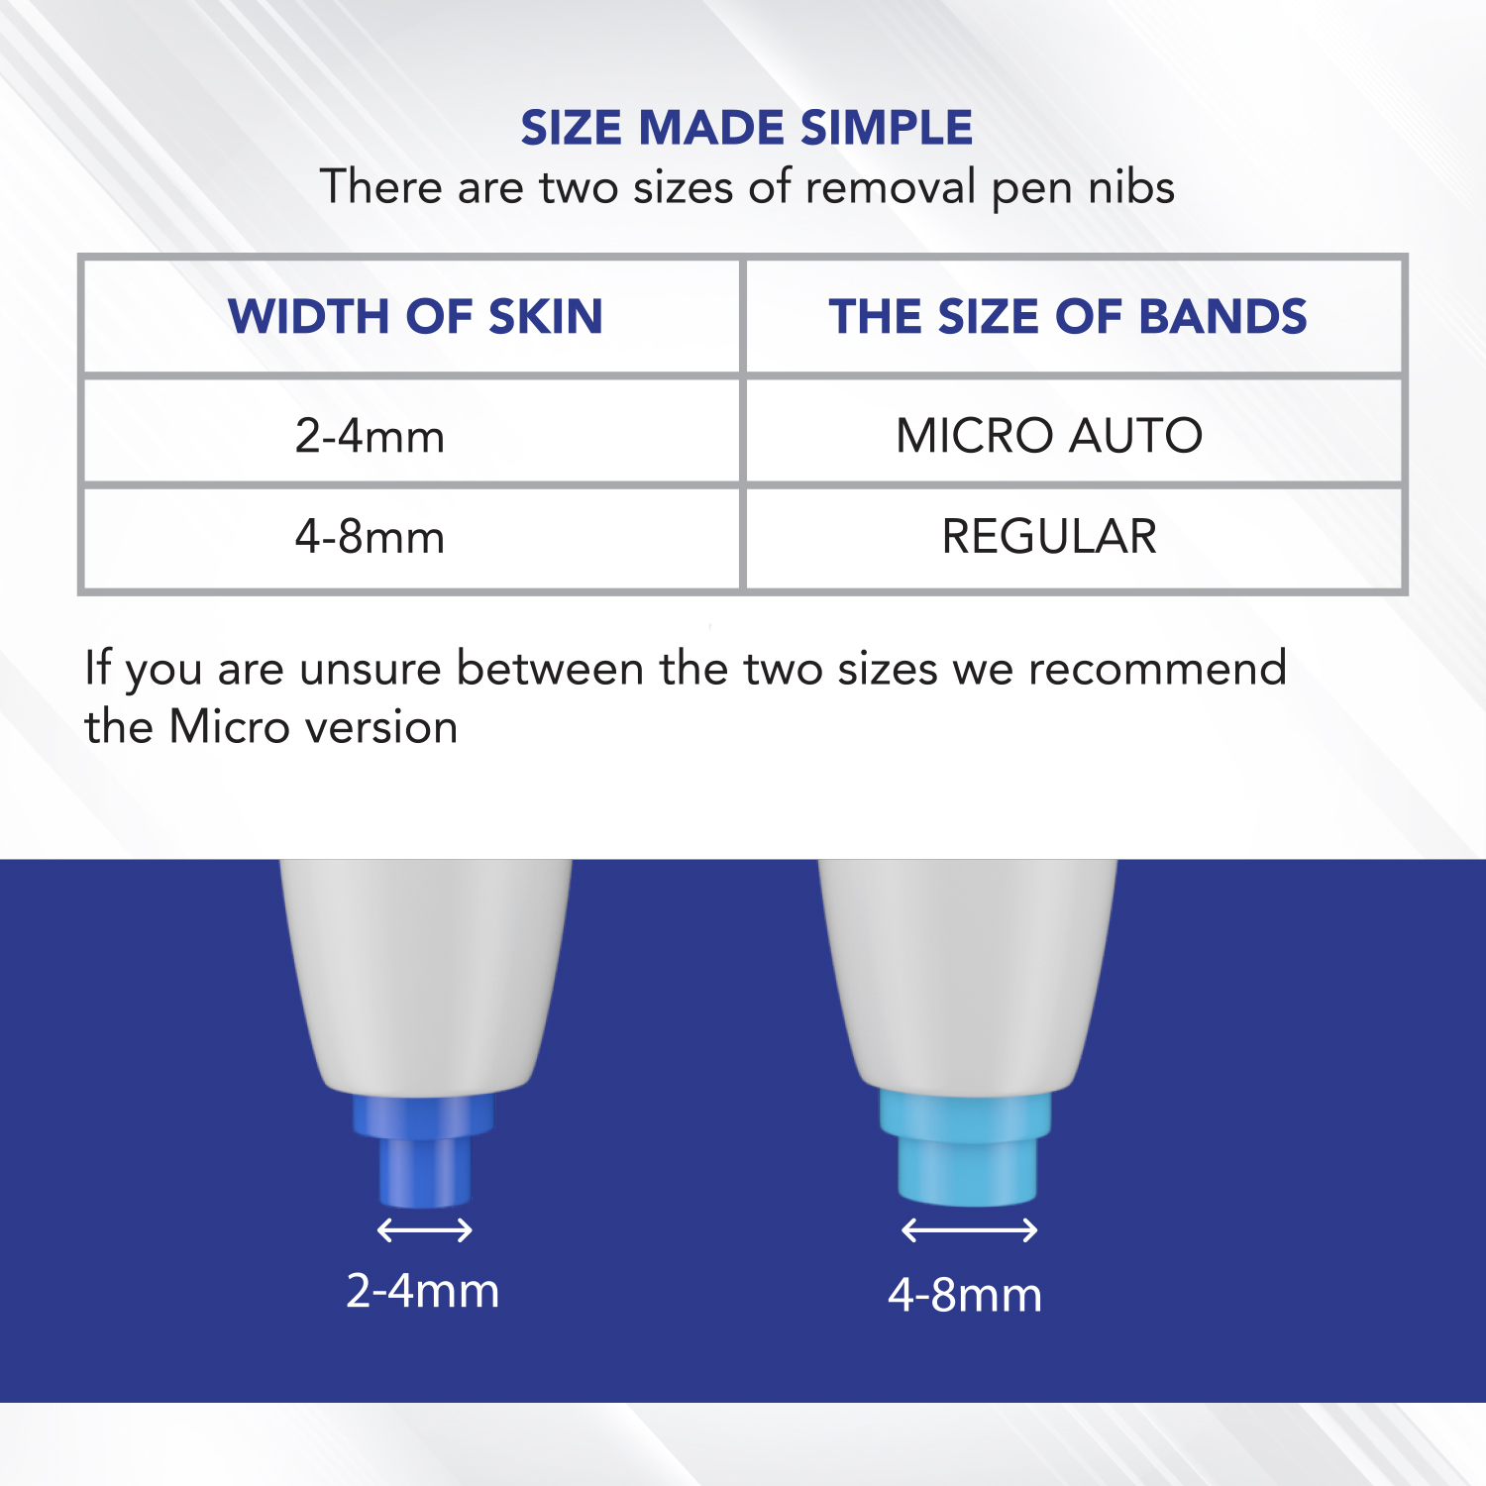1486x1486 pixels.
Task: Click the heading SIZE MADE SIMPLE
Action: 747,128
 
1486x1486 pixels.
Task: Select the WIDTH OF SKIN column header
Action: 415,317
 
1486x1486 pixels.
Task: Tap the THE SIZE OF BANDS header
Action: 1068,317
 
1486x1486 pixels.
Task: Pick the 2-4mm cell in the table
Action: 370,436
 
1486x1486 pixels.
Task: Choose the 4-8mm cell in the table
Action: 370,537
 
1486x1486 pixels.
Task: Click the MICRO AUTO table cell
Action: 1049,436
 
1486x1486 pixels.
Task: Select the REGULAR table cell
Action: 1049,537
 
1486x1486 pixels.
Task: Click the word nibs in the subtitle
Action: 1131,187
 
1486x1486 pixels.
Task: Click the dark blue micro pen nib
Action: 424,1149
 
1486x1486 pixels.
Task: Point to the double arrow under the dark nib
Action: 425,1230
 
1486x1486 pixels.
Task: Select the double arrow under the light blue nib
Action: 969,1230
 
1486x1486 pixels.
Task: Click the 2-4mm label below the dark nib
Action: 423,1291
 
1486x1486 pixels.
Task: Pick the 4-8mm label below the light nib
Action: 965,1295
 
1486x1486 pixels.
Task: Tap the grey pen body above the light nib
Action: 967,971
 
